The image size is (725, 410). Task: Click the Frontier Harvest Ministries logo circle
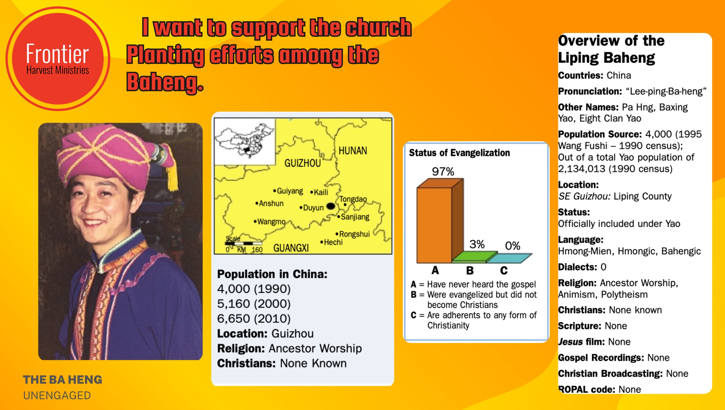(58, 59)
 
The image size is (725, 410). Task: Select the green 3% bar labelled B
(474, 257)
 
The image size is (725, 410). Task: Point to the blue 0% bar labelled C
(509, 258)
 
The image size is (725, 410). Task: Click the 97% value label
(443, 171)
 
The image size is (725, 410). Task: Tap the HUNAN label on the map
(353, 150)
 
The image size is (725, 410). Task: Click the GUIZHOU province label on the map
(302, 163)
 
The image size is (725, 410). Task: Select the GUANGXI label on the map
(291, 248)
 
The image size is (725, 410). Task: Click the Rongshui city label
(353, 234)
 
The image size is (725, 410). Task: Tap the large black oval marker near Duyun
(331, 206)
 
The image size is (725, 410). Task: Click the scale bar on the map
(243, 243)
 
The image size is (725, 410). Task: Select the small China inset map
(245, 141)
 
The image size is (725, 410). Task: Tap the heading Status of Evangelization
(459, 153)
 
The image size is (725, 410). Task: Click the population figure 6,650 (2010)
(254, 319)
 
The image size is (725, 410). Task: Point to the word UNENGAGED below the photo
(57, 396)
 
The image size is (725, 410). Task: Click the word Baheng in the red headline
(165, 82)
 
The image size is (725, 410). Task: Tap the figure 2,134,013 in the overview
(582, 169)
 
